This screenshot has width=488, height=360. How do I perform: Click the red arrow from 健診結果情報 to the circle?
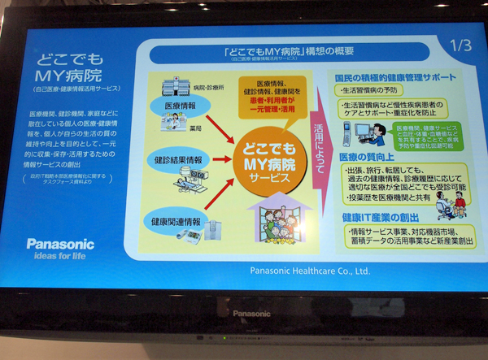pos(220,157)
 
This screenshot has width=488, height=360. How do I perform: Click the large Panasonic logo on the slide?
pos(59,243)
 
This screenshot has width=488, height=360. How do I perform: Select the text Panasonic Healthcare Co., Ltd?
pos(309,271)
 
